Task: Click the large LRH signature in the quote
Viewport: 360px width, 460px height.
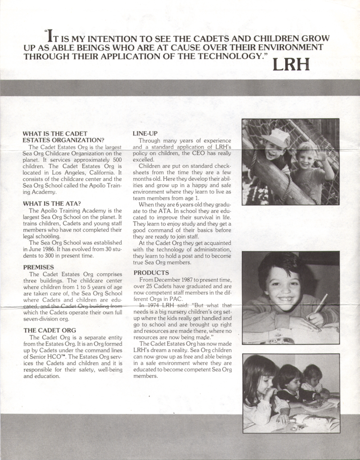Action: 291,64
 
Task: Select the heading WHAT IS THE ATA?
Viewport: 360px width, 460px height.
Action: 52,203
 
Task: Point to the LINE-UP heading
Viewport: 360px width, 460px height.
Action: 145,133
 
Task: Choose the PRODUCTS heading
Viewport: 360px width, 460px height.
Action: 151,273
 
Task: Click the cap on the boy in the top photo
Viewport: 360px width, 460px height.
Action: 276,137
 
